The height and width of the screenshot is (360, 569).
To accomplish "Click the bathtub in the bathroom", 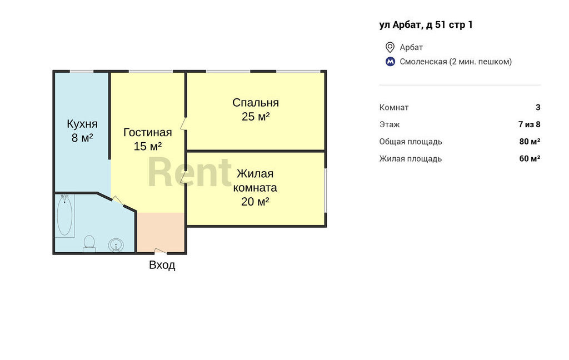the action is click(x=64, y=216).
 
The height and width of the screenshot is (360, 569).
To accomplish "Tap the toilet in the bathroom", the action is click(x=89, y=243).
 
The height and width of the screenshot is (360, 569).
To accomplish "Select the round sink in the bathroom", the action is click(x=116, y=245).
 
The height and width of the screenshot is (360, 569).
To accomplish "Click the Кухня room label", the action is click(x=82, y=124).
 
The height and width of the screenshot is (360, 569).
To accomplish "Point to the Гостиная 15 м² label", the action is click(x=148, y=139).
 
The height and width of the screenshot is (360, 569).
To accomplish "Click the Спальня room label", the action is click(x=256, y=103).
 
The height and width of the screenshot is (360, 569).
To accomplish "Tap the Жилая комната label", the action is click(x=255, y=181).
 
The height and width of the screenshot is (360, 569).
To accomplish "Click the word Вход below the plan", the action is click(x=162, y=265).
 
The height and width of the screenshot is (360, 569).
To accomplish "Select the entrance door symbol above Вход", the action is click(x=161, y=251).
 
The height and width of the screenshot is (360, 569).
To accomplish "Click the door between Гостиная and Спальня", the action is click(x=184, y=123).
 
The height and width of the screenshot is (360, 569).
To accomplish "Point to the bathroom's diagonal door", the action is click(x=118, y=201).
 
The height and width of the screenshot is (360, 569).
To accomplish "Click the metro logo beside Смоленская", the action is click(x=390, y=62).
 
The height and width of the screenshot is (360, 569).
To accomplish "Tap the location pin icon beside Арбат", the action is click(x=390, y=47).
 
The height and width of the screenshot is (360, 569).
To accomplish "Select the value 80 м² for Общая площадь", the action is click(x=530, y=141).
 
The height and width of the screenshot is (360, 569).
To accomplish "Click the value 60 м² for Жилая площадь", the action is click(x=530, y=158).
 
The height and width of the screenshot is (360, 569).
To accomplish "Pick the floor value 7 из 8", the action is click(x=530, y=124).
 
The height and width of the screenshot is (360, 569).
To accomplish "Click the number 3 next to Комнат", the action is click(x=538, y=107).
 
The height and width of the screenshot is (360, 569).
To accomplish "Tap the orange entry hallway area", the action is click(x=161, y=232).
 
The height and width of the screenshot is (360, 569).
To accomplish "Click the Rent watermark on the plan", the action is click(x=189, y=173).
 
